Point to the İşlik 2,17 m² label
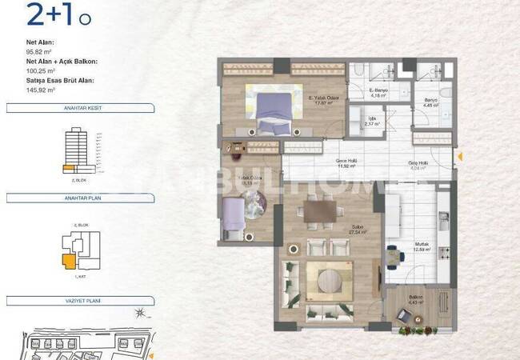[x=370, y=122]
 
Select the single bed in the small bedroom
[x=233, y=217]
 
